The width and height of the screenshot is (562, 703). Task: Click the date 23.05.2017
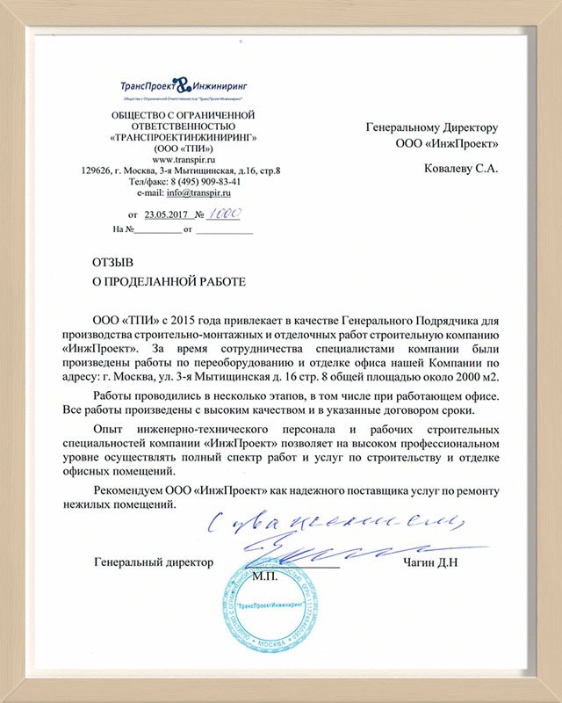coord(168,214)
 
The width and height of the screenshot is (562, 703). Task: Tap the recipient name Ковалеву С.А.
coord(460,169)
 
